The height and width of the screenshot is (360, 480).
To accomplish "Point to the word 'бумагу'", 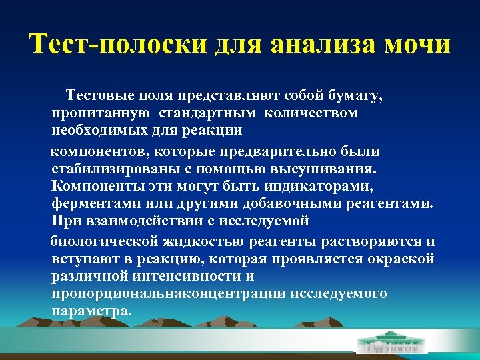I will pos(357,97).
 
